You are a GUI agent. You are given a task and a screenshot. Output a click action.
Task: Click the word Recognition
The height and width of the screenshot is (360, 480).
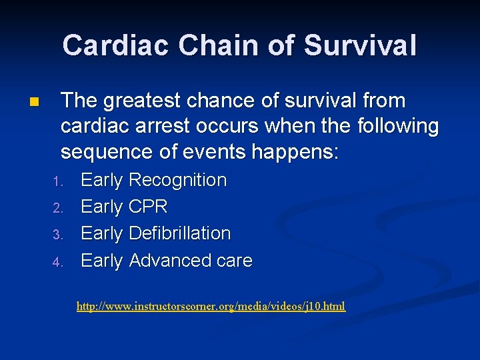coord(177,181)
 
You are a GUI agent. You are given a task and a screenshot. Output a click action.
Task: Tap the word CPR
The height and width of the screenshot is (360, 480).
coord(148,207)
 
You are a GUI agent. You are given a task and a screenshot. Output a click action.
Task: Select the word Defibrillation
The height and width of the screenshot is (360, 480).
coord(179,234)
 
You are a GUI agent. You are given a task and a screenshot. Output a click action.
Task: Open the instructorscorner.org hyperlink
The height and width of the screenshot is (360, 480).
coord(211,307)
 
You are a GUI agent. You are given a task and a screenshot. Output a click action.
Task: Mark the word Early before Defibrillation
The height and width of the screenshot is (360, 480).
coord(102,234)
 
